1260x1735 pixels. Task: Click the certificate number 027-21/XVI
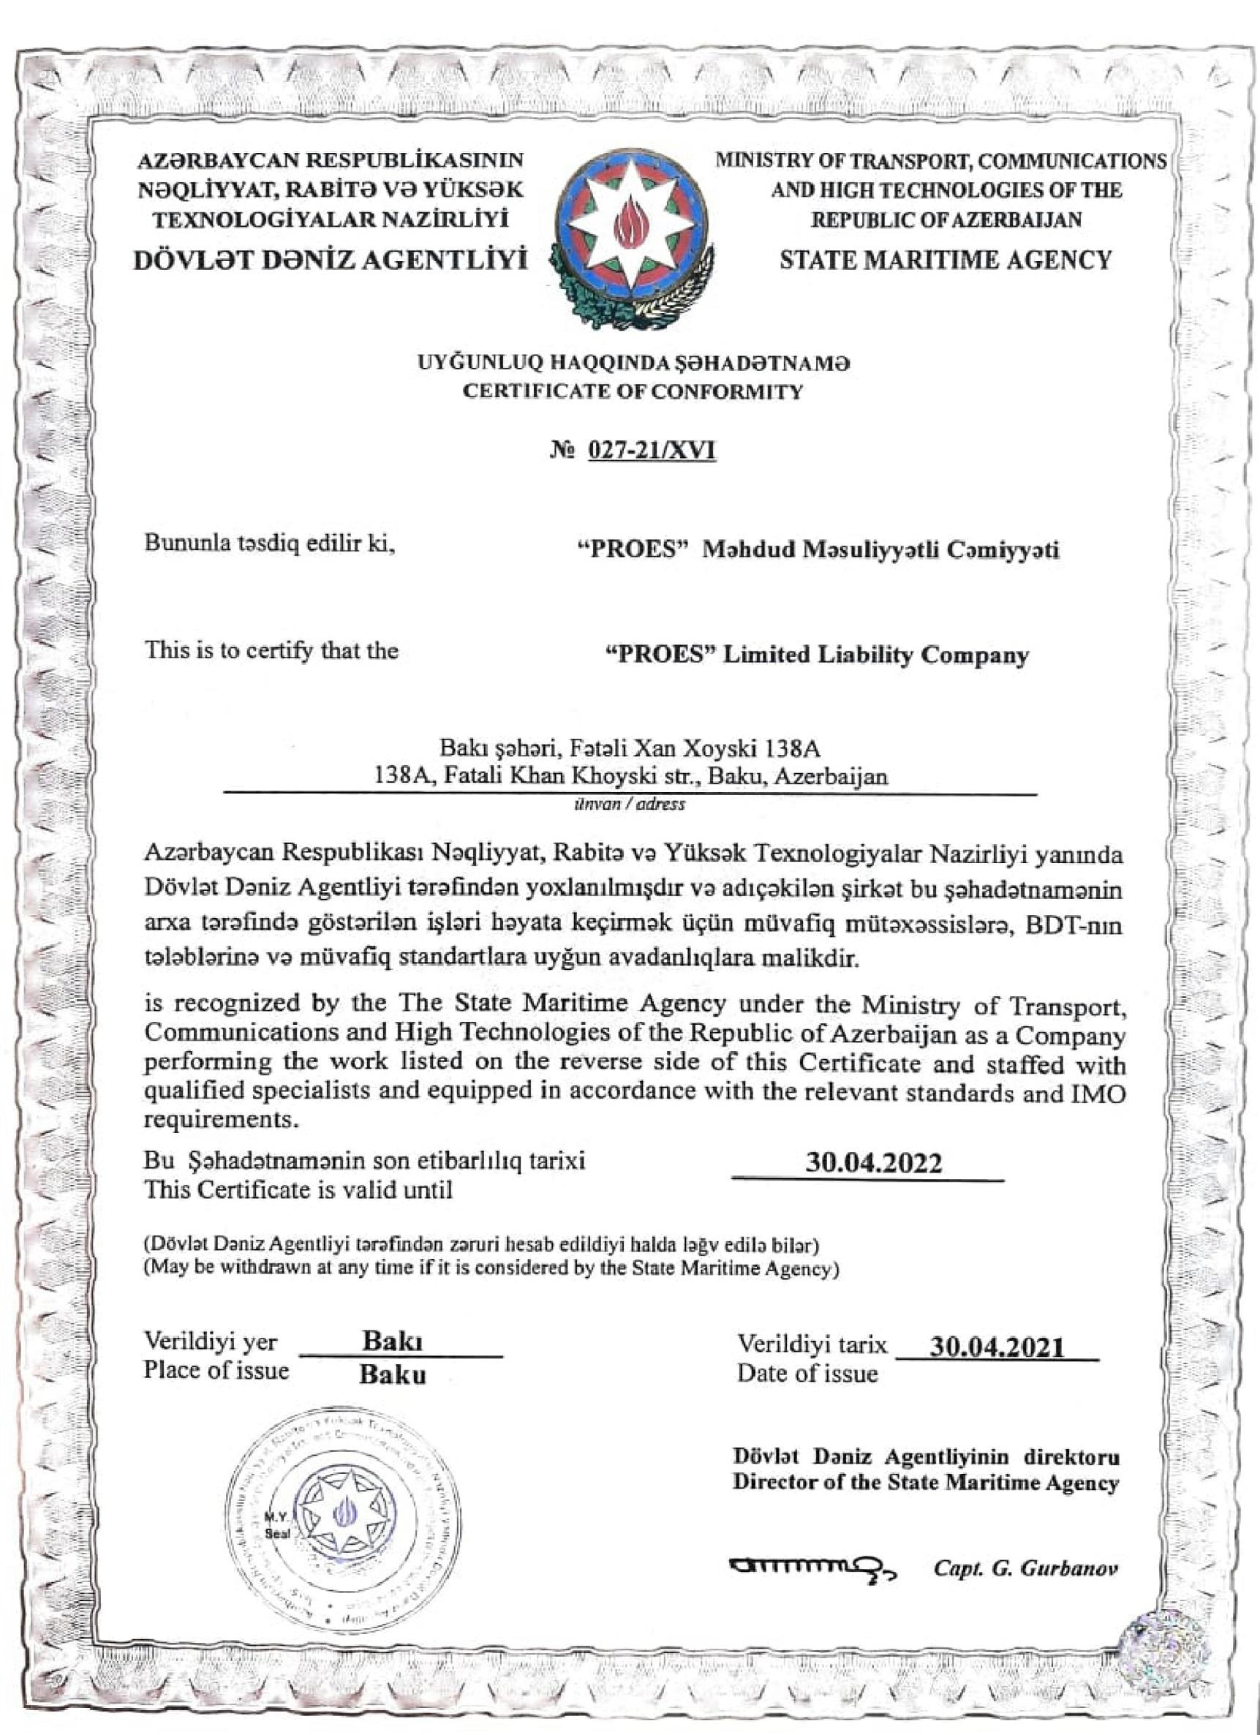[x=651, y=451]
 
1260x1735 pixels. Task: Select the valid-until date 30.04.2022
[x=874, y=1163]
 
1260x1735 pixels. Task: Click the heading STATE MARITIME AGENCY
[x=945, y=260]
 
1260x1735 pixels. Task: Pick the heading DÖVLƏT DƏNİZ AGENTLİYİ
[x=331, y=261]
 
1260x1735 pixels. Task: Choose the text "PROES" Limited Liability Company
[x=816, y=655]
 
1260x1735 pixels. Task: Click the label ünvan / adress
[x=630, y=804]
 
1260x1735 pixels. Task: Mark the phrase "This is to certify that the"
[x=271, y=650]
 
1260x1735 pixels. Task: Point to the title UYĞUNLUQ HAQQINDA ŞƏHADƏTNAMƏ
[x=633, y=362]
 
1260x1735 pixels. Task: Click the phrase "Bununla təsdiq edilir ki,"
[x=270, y=544]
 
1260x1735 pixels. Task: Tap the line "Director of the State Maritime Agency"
[x=926, y=1482]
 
